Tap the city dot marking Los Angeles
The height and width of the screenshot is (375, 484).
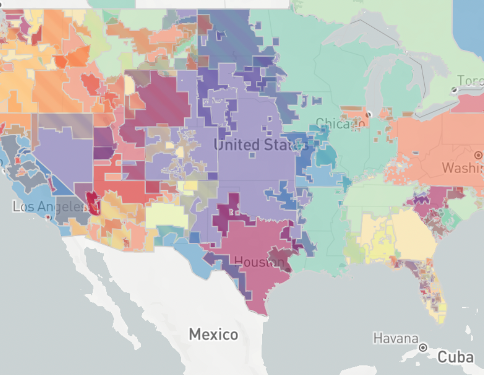48,218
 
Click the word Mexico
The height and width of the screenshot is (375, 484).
213,335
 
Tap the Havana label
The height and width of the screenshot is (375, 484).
396,338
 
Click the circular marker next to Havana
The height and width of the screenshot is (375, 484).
423,347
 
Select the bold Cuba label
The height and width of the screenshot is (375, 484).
455,356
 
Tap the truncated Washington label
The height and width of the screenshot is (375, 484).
462,168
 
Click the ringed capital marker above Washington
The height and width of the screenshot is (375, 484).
478,155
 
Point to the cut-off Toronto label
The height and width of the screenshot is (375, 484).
470,80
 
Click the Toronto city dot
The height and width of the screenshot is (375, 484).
454,90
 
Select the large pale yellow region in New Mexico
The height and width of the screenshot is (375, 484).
166,215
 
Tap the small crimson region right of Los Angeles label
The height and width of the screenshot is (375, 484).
93,202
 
